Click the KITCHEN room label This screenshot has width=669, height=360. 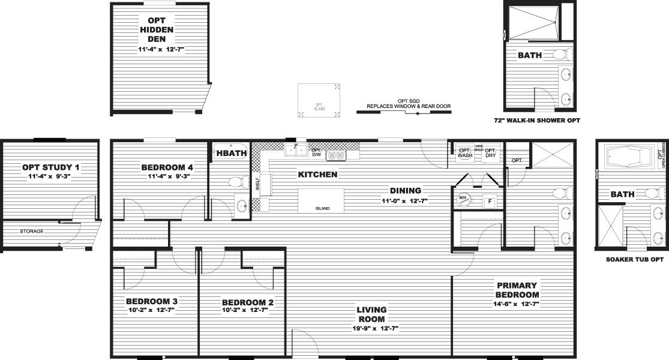coord(317,175)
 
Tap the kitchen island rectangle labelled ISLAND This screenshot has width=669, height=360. coord(322,200)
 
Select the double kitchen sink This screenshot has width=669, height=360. coord(296,149)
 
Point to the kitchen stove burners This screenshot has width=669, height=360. coord(335,156)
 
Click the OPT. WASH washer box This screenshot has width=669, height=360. coord(465,152)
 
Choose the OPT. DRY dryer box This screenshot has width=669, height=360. coord(490,152)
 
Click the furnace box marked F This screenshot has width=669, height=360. coord(490,202)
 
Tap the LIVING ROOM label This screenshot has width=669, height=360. coord(371,314)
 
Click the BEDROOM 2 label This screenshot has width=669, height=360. coord(247,302)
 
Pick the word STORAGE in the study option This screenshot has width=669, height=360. coord(31,231)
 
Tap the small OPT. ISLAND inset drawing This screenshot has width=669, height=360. coord(319,100)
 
